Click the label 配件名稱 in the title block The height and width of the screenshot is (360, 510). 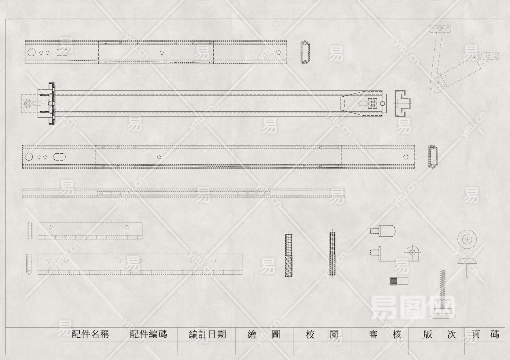(90, 335)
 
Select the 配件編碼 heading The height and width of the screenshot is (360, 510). (148, 335)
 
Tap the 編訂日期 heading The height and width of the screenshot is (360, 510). (207, 335)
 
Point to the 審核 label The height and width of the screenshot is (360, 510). (385, 335)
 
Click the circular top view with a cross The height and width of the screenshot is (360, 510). (467, 239)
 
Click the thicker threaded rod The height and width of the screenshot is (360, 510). (289, 256)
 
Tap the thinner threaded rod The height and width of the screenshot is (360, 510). (332, 254)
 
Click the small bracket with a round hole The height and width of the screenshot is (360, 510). (412, 253)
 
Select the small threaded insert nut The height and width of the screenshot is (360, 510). (399, 280)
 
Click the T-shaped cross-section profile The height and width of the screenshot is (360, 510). (402, 104)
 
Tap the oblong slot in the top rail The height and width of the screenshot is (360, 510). (62, 52)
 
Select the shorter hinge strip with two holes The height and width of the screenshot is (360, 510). (89, 231)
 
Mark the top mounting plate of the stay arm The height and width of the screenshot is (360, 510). (440, 29)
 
